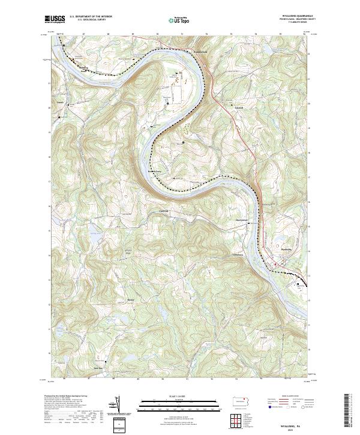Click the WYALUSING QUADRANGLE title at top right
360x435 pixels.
click(296, 16)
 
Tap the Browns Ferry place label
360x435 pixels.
click(156, 169)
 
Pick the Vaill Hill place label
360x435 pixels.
click(163, 211)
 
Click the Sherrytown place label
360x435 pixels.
click(241, 220)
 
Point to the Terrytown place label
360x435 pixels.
click(223, 254)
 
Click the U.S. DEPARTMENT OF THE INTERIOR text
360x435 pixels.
click(91, 17)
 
